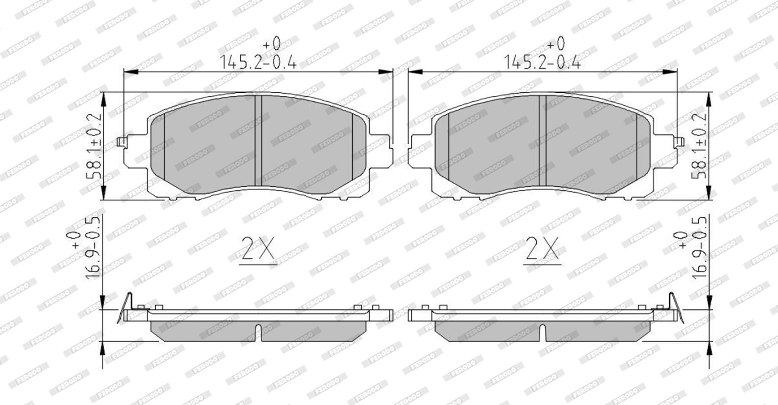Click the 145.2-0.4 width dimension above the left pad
click(258, 62)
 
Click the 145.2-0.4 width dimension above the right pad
click(542, 62)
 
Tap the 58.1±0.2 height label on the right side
click(699, 146)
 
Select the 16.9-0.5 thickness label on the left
click(92, 248)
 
